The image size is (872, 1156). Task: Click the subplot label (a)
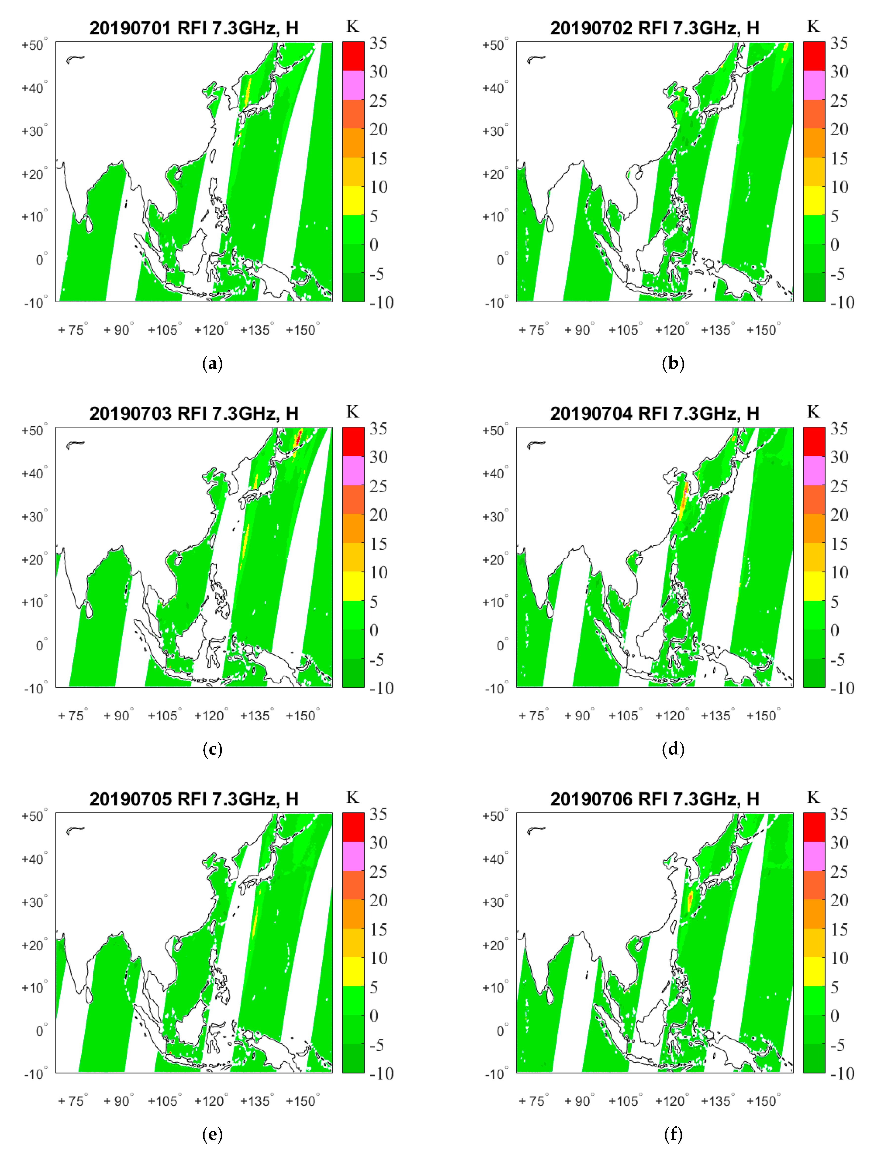point(212,364)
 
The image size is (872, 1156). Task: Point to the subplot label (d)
point(673,750)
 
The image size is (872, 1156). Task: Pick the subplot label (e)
point(212,1135)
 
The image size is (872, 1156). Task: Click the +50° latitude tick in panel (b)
point(494,45)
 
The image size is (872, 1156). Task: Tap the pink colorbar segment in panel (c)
point(353,470)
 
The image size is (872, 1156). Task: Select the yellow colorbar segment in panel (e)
point(353,971)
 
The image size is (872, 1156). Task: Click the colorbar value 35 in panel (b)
point(839,43)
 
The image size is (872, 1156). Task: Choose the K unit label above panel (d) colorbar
point(813,412)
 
